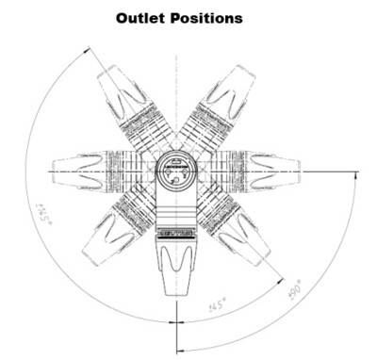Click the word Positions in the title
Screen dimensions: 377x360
pos(207,18)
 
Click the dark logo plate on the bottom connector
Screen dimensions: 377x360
pos(174,230)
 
